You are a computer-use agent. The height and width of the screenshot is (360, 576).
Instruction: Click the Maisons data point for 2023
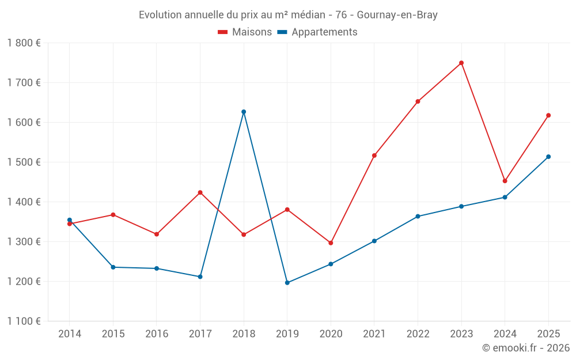[x=461, y=63]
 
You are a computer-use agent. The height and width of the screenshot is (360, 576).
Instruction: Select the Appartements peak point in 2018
[x=244, y=112]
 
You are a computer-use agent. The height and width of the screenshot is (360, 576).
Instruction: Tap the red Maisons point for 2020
[x=331, y=243]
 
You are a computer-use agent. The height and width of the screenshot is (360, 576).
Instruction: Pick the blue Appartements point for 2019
[x=287, y=283]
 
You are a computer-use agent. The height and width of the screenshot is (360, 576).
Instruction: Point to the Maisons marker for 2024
[x=505, y=181]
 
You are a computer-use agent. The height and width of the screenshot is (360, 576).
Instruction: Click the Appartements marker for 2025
[x=548, y=157]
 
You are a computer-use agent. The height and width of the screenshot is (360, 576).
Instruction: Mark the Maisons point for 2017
[x=200, y=192]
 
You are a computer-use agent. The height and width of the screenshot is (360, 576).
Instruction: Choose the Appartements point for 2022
[x=418, y=217]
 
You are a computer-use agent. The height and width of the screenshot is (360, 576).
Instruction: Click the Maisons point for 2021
[x=374, y=156]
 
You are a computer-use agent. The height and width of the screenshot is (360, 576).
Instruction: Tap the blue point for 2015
[x=113, y=267]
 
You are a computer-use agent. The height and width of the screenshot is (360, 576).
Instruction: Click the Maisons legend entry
[x=245, y=32]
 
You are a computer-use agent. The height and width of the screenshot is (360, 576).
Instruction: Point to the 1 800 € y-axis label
[x=24, y=43]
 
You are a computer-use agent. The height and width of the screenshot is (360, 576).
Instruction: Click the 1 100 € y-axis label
[x=24, y=321]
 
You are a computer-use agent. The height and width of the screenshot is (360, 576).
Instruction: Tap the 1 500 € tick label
[x=24, y=162]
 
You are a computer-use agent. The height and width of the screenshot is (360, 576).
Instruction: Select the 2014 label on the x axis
[x=70, y=334]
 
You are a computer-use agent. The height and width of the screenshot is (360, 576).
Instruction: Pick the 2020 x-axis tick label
[x=331, y=334]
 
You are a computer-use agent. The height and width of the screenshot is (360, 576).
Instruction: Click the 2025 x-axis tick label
[x=548, y=334]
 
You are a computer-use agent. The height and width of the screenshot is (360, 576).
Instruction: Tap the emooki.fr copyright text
[x=525, y=348]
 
